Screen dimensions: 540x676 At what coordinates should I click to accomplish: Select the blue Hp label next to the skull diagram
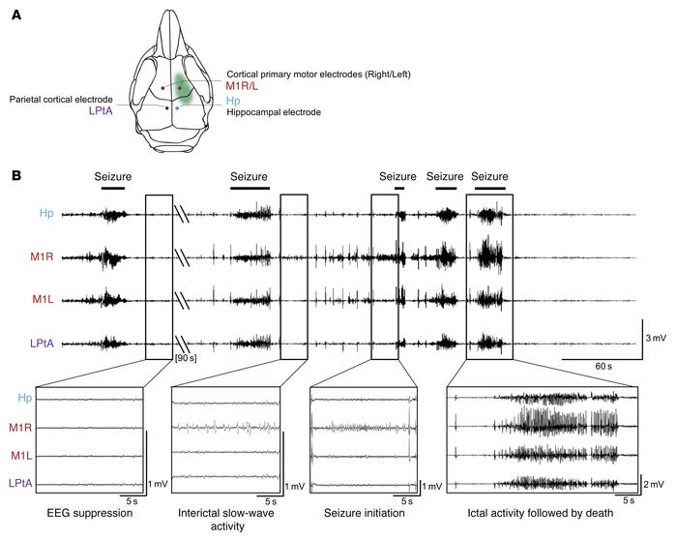(x=235, y=100)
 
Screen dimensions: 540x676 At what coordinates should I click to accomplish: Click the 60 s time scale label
(x=603, y=368)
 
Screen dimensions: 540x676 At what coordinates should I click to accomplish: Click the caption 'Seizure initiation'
(x=361, y=513)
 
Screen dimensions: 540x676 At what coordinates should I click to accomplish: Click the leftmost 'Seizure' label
(x=112, y=176)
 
